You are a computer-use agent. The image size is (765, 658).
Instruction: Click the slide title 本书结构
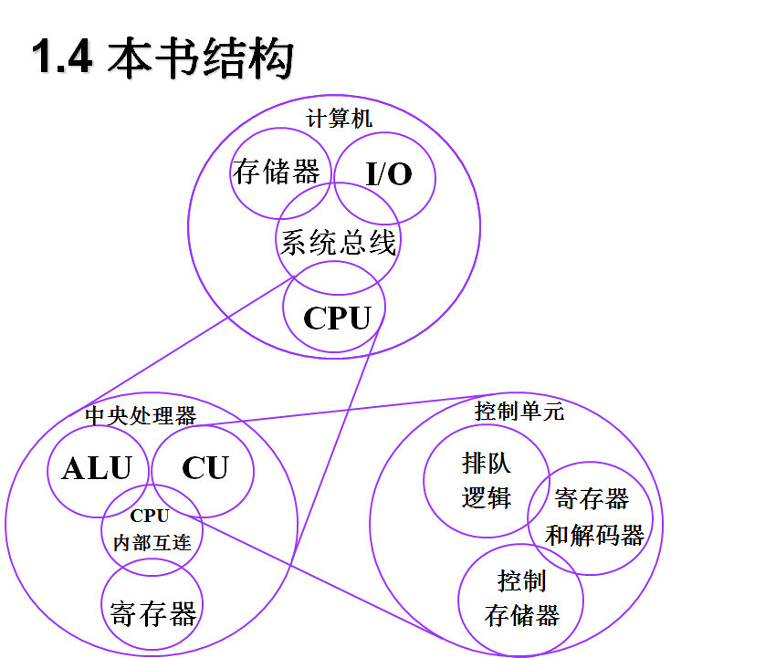coord(201,58)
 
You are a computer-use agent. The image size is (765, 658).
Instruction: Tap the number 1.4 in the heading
coord(62,58)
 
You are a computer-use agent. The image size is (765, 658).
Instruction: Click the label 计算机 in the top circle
coord(340,119)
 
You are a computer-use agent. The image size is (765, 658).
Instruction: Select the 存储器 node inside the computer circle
coord(276,172)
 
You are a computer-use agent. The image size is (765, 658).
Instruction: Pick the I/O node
coord(388,173)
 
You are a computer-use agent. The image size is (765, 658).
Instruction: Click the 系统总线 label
coord(338,243)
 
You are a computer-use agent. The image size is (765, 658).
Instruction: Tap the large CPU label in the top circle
coord(337,319)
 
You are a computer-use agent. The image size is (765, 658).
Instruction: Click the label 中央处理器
coord(140,415)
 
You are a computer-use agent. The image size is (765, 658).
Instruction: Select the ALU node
coord(97,468)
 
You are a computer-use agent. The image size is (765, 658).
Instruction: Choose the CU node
coord(204,468)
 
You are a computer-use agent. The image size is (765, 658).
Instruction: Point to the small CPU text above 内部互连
coord(150,516)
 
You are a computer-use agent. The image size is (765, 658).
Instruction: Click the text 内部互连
coord(152,542)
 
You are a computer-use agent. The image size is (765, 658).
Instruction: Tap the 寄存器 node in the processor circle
coord(152,613)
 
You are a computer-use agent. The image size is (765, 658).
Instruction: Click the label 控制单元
coord(519,411)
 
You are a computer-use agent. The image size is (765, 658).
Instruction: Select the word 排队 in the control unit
coord(487,464)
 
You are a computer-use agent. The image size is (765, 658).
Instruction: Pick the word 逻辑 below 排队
coord(487,497)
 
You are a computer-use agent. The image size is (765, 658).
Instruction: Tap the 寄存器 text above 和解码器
coord(592,499)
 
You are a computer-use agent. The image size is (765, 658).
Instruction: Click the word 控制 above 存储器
coord(521,580)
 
